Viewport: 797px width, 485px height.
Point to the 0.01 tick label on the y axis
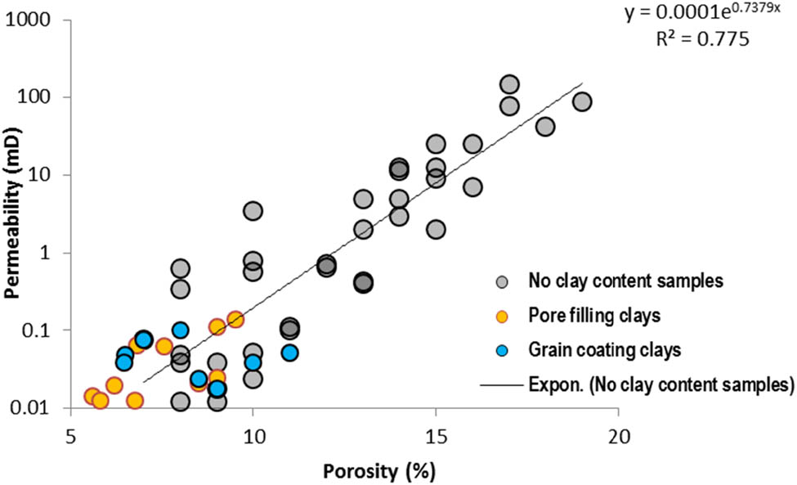(x=33, y=407)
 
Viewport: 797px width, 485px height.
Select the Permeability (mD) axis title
(x=13, y=213)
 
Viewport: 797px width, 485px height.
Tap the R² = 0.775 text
(x=705, y=38)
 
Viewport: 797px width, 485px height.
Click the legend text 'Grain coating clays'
(x=604, y=350)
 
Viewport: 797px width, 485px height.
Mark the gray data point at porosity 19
(x=582, y=101)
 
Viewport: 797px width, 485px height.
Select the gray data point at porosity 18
(x=545, y=126)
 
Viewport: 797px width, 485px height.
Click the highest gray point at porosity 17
(x=509, y=84)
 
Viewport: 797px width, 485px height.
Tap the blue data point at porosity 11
(x=289, y=353)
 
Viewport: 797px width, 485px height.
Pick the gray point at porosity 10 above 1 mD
(x=253, y=211)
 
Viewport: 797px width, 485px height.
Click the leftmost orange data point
(x=92, y=396)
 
